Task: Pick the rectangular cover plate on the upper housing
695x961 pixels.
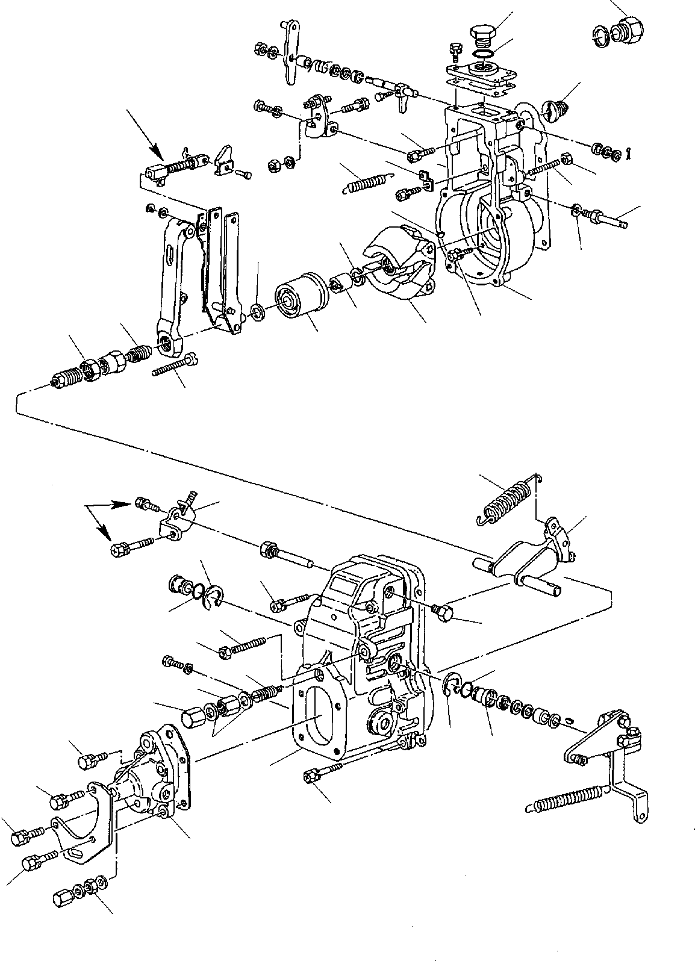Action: pos(481,75)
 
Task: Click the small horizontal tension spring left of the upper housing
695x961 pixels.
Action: pos(366,179)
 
